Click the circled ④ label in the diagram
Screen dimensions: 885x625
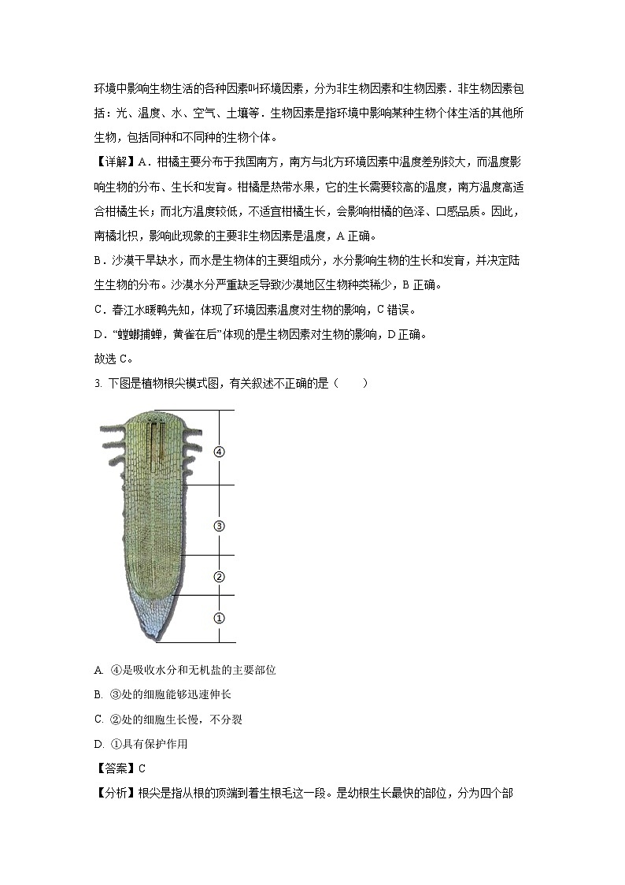click(219, 452)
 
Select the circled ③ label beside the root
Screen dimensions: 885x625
click(220, 526)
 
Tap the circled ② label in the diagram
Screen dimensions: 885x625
click(220, 577)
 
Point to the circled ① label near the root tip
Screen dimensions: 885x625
click(220, 619)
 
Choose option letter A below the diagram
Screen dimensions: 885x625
click(98, 671)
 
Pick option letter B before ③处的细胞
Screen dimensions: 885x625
click(98, 694)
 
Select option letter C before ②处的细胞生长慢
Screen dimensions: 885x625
click(98, 719)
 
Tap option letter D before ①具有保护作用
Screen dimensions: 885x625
click(98, 743)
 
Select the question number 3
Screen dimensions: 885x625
click(97, 384)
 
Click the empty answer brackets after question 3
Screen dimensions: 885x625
click(350, 384)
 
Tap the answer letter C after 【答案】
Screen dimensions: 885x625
click(142, 768)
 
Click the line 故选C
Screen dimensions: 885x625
click(112, 359)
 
